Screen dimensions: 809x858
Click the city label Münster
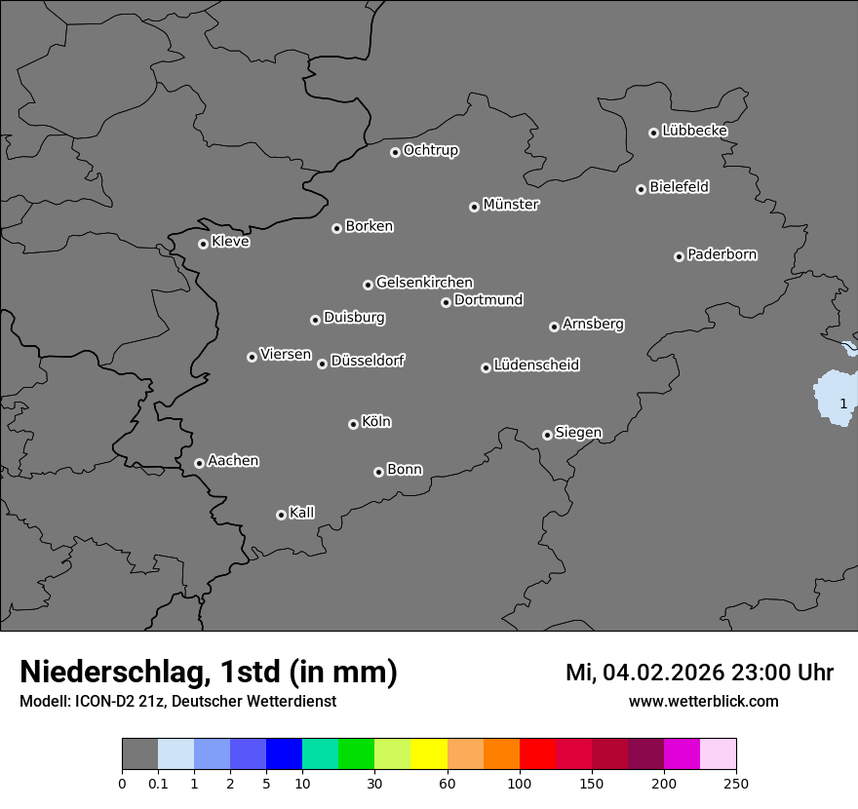[511, 205]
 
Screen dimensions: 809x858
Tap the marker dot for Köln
[353, 424]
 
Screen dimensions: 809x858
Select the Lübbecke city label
[694, 131]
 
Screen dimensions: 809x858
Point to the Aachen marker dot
[199, 463]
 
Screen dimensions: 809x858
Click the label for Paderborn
[721, 254]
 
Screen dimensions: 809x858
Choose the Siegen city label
[578, 433]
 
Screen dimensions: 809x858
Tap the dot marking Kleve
[203, 244]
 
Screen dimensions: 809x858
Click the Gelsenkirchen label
[424, 283]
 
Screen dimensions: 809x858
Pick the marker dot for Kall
[281, 515]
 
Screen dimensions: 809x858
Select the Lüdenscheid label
[536, 366]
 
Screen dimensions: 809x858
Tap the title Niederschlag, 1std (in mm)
[209, 672]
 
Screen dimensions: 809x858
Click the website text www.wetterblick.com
[703, 702]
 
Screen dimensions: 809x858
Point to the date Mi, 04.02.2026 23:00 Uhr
[699, 673]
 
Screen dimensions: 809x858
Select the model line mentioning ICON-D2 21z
[177, 702]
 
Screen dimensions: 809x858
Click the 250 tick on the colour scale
[735, 784]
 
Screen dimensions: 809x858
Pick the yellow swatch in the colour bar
[429, 754]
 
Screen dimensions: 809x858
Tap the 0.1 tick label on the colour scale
[158, 784]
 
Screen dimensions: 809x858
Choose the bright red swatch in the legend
[537, 754]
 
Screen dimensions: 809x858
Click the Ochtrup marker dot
[395, 152]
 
